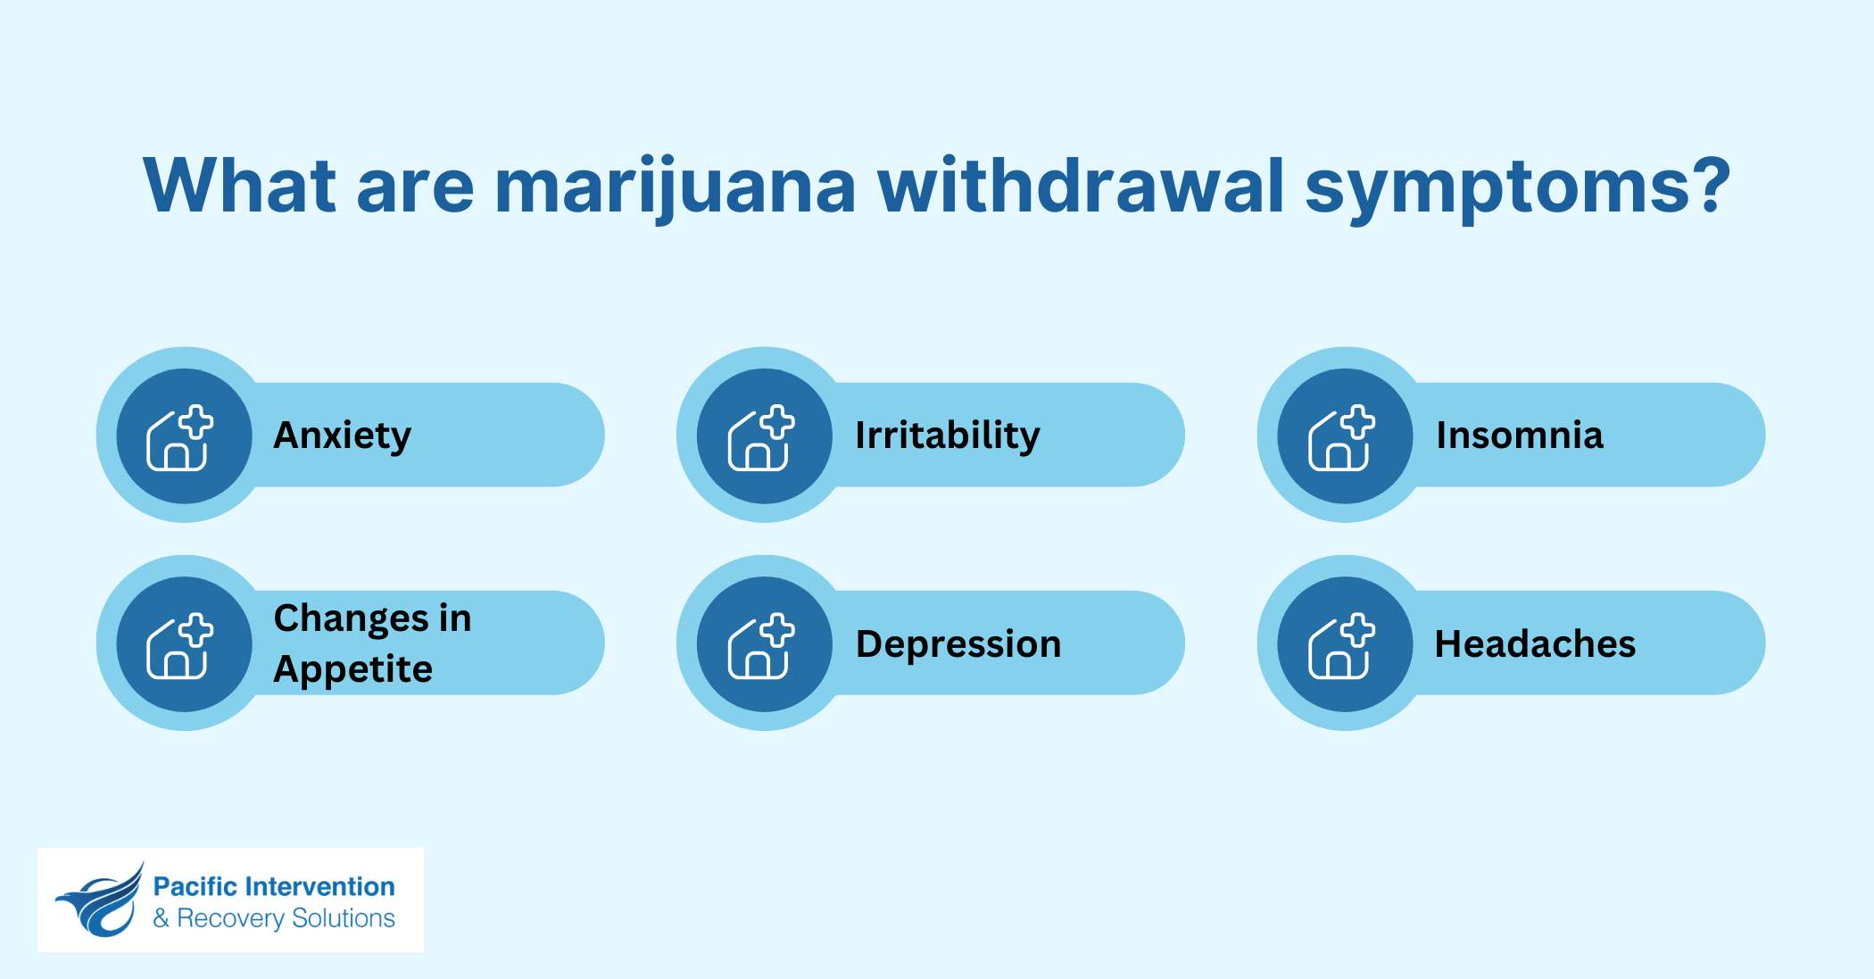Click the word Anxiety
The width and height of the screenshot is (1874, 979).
click(342, 436)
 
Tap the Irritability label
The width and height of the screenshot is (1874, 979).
click(947, 436)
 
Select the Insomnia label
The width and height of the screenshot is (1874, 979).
click(1519, 436)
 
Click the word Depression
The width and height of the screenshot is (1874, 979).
click(958, 644)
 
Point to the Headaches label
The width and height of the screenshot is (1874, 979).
click(1535, 644)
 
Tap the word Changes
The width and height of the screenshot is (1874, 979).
click(351, 618)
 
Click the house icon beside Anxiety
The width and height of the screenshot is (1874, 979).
click(179, 438)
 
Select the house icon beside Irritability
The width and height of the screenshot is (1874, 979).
click(760, 438)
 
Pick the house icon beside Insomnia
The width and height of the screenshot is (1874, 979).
click(1341, 438)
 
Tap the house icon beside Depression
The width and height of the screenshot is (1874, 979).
click(760, 646)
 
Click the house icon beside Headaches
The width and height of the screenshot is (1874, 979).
click(1341, 646)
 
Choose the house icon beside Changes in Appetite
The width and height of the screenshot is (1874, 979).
click(179, 646)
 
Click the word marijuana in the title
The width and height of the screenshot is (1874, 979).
click(675, 187)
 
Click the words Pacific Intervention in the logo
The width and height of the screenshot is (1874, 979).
click(273, 886)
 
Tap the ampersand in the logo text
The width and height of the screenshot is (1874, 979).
click(161, 918)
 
